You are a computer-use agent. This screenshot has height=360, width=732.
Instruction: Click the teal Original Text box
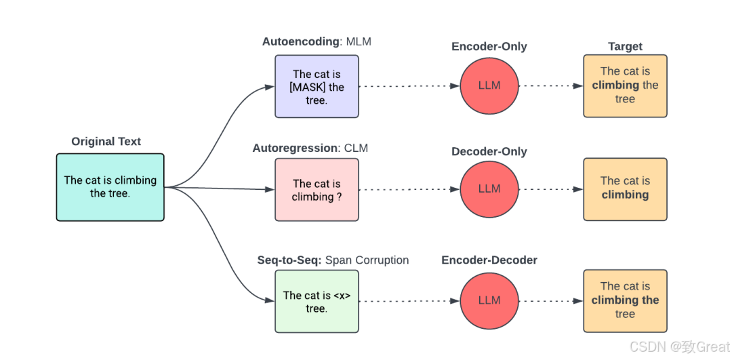point(110,187)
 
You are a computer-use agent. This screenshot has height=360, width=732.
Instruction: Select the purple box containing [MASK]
point(317,86)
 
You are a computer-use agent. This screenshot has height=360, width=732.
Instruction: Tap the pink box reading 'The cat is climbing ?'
point(317,190)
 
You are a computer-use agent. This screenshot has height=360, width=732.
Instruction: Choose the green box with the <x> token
point(317,301)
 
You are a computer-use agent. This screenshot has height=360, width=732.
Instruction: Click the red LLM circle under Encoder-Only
point(489,86)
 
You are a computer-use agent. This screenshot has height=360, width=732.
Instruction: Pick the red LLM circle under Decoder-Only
point(489,188)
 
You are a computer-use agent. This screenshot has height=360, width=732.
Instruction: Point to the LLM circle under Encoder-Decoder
point(489,300)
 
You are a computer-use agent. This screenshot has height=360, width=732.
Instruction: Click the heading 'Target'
point(625,47)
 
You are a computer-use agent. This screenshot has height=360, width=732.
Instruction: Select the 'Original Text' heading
point(106,142)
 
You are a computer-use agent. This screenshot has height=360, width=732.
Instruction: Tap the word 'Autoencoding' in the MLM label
point(300,42)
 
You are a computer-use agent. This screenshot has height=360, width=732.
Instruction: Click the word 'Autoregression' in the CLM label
point(295,148)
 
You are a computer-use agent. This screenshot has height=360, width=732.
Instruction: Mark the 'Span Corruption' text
point(367,260)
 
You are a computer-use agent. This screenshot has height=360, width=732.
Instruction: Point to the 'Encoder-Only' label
point(489,47)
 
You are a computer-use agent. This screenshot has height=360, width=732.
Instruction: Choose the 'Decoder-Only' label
point(489,152)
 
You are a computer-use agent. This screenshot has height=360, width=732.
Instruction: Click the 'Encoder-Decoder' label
point(489,260)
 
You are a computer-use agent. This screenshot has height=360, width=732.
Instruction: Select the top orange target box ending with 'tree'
point(625,85)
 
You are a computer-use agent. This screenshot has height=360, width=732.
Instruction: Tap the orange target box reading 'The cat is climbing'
point(625,189)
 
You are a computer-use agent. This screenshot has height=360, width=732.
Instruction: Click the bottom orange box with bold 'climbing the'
point(625,301)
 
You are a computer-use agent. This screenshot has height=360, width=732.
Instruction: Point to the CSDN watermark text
point(680,347)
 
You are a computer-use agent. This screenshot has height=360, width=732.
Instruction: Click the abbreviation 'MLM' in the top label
point(359,42)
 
